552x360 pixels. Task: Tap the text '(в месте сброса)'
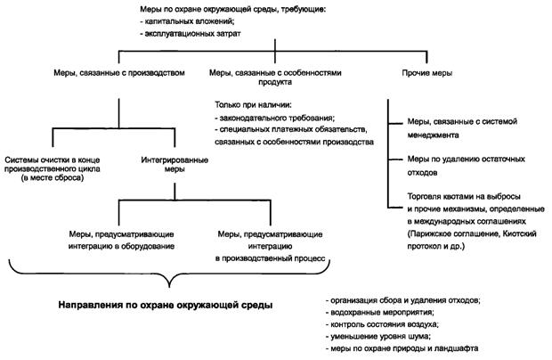point(51,179)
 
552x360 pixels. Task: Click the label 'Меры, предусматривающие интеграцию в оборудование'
point(121,239)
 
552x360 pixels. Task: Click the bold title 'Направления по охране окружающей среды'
point(166,306)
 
